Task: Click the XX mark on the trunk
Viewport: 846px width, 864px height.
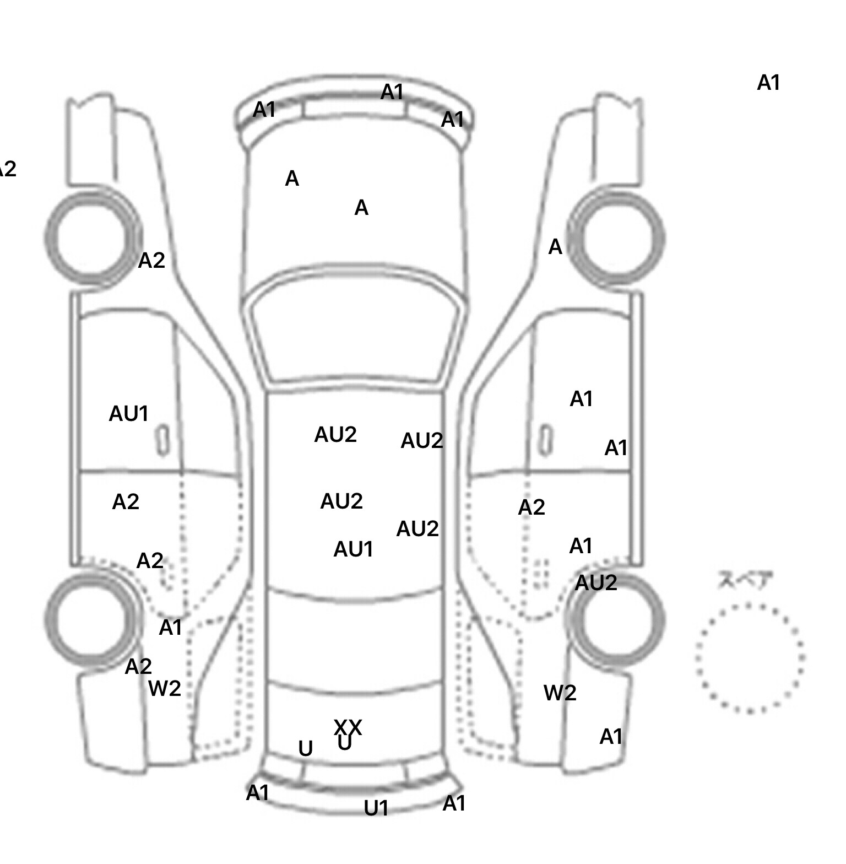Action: (x=348, y=727)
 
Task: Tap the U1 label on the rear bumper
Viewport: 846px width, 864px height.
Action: (x=376, y=808)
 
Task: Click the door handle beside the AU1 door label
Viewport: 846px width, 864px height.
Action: (x=162, y=440)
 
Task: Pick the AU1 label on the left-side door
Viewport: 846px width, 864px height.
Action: (x=129, y=414)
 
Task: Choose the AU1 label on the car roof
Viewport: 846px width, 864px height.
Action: (x=354, y=549)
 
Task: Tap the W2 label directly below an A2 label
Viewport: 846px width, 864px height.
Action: (x=165, y=688)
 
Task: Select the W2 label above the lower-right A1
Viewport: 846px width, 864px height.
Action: (x=560, y=693)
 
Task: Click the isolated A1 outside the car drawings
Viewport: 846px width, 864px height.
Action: (x=769, y=83)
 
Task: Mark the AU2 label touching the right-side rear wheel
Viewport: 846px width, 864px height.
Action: (x=596, y=582)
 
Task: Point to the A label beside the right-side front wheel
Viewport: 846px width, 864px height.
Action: (x=555, y=247)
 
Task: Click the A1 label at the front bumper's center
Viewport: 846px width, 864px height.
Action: (x=392, y=92)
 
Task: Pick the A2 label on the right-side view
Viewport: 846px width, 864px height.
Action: (x=532, y=507)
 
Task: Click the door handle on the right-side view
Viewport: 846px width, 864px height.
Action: (x=545, y=440)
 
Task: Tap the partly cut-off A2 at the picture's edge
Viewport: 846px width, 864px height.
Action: (x=8, y=169)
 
